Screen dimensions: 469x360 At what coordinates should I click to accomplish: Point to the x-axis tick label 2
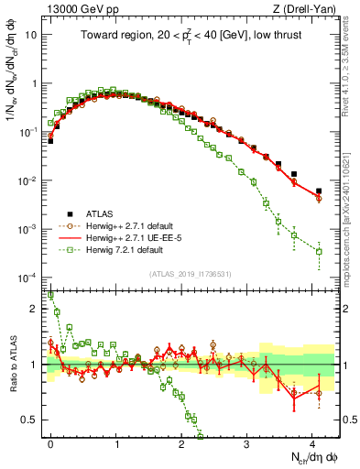pyautogui.click(x=181, y=444)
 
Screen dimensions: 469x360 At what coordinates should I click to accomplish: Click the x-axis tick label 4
pyautogui.click(x=312, y=444)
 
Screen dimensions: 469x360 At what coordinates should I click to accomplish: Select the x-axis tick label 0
pyautogui.click(x=50, y=444)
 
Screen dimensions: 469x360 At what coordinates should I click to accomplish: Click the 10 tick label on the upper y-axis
pyautogui.click(x=31, y=35)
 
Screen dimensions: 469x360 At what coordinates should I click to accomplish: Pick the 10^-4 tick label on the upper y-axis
pyautogui.click(x=28, y=278)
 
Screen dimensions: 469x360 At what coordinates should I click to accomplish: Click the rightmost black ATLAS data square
pyautogui.click(x=319, y=191)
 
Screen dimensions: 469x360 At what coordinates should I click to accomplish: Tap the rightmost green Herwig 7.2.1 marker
pyautogui.click(x=319, y=251)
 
